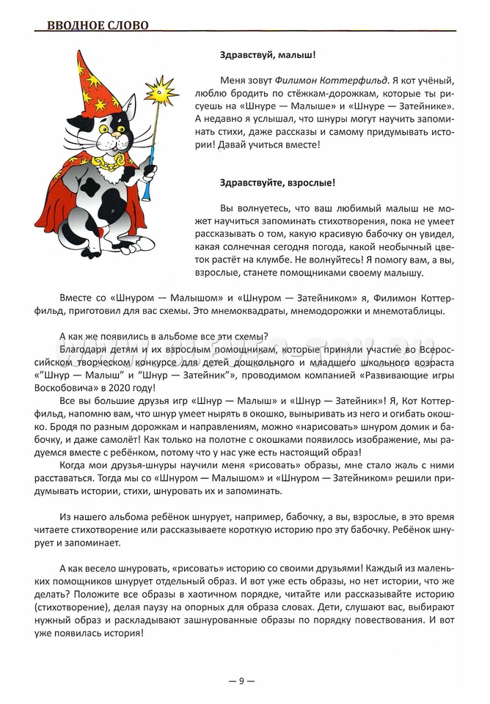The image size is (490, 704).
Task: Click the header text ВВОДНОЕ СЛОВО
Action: pyautogui.click(x=98, y=26)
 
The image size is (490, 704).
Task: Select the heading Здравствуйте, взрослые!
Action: pyautogui.click(x=277, y=183)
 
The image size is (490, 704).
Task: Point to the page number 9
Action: pyautogui.click(x=241, y=681)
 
